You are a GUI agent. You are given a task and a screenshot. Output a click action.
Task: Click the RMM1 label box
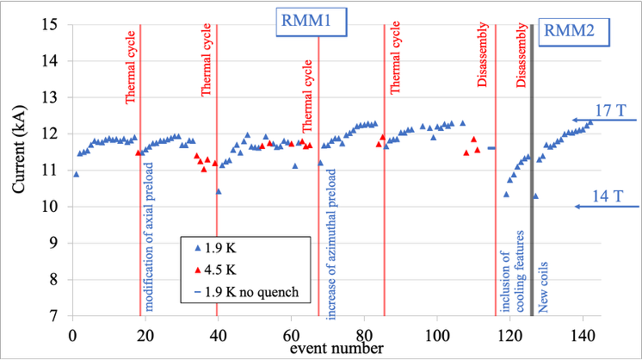point(312,22)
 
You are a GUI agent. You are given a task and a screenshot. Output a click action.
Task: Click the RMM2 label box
point(574,32)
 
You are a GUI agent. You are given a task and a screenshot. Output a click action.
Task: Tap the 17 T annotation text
point(610,110)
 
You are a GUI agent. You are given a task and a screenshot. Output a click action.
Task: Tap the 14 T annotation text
point(608,196)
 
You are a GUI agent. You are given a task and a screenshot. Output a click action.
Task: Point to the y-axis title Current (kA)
point(18,149)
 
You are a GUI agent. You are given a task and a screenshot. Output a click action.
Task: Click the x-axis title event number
point(336,349)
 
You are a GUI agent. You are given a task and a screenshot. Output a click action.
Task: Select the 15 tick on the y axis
point(50,25)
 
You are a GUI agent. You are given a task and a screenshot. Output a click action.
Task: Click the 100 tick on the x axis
point(437,336)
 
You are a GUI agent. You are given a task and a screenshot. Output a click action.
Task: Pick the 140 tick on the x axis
point(583,336)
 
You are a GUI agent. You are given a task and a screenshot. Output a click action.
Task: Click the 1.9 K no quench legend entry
point(246,292)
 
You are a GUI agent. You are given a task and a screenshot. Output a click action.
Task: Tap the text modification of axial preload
point(149,237)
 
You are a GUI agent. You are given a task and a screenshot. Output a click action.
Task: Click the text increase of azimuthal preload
point(331,244)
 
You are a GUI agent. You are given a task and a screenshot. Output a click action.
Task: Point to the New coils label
point(542,288)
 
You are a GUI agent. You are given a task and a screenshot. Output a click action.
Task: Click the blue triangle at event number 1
point(76,175)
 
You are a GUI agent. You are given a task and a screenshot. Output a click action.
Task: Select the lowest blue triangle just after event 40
point(219,191)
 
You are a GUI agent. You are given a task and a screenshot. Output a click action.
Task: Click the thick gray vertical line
point(532,170)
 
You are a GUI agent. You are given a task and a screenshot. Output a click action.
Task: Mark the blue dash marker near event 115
point(491,148)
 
